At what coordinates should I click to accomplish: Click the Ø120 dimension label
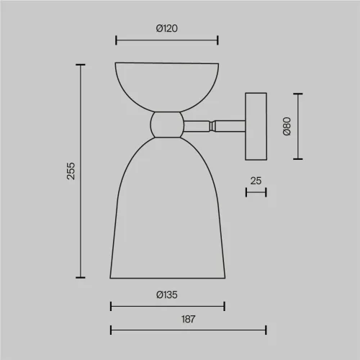click(x=167, y=29)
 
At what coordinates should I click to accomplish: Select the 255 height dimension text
click(x=71, y=171)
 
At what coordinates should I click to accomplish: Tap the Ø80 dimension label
click(x=287, y=125)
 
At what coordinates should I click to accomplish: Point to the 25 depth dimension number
click(x=256, y=181)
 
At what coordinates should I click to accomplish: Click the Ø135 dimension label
click(x=167, y=294)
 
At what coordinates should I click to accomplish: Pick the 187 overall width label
click(x=188, y=318)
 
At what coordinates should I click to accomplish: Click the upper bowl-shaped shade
click(x=167, y=83)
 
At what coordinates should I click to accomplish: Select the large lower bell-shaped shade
click(x=167, y=216)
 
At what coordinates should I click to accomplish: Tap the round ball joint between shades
click(x=167, y=125)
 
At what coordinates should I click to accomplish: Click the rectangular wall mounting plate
click(x=256, y=125)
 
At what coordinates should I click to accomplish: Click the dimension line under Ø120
click(x=167, y=40)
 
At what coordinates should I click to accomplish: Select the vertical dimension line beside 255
click(x=80, y=171)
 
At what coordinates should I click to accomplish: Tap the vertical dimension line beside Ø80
click(x=297, y=125)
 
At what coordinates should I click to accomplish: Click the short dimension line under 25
click(x=256, y=192)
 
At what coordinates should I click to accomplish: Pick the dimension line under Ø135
click(x=167, y=306)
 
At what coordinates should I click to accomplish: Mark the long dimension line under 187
click(x=188, y=330)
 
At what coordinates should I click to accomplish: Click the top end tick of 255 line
click(x=80, y=65)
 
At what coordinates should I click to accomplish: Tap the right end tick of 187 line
click(x=266, y=330)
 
